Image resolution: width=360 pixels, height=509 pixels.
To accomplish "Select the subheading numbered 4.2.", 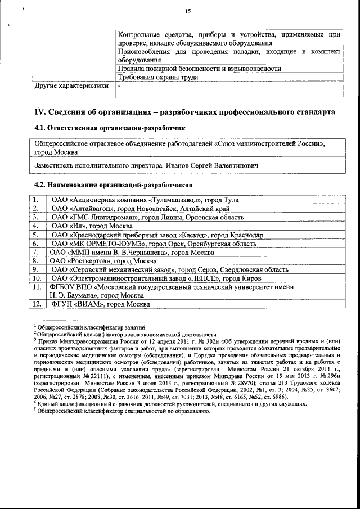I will pos(113,184).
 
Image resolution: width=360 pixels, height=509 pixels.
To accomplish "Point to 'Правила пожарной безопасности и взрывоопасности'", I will pos(200,69).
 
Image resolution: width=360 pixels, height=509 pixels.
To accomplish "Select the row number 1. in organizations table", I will pos(36,199).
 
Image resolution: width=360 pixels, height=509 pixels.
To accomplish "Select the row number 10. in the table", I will pos(36,278).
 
